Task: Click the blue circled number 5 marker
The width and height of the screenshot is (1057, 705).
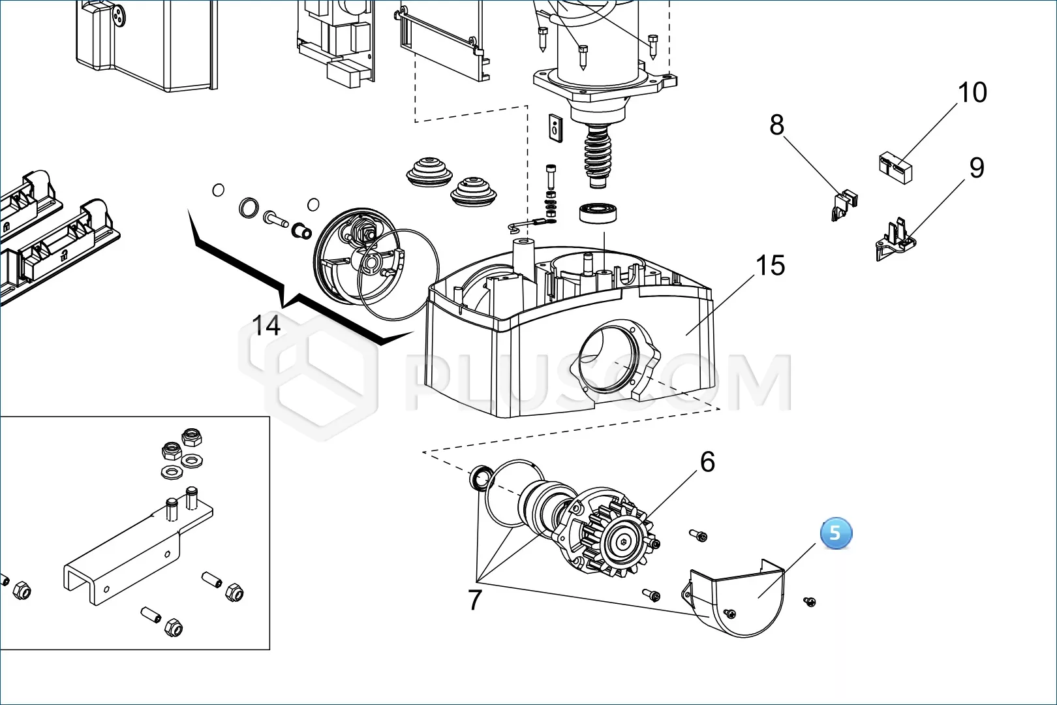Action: [835, 534]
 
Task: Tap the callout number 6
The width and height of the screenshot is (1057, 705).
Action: [708, 462]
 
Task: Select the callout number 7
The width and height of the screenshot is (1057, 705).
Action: [475, 599]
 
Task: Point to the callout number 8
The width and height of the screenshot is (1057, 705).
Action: [776, 125]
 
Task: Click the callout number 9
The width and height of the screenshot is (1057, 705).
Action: [976, 168]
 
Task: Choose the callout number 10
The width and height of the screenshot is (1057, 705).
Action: [972, 93]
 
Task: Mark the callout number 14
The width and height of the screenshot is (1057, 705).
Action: [266, 325]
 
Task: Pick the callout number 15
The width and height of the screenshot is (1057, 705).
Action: [770, 266]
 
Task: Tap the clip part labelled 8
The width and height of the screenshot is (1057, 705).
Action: [845, 203]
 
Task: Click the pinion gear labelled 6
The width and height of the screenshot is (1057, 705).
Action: [624, 540]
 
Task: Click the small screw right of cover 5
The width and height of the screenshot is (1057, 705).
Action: [810, 601]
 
